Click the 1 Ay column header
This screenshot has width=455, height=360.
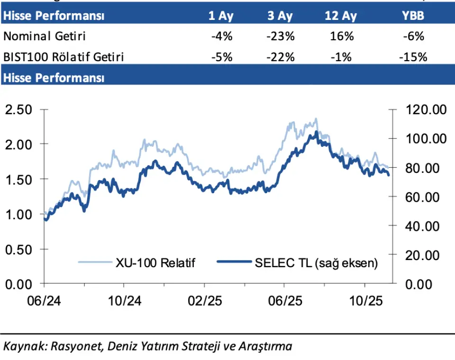221,16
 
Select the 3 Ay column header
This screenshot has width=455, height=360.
280,16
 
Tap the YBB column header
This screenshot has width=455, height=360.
413,16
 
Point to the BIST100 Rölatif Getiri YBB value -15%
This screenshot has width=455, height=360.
413,57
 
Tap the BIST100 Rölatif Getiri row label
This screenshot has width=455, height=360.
64,57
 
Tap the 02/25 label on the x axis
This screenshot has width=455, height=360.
204,301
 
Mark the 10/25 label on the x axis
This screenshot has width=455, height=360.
364,301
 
